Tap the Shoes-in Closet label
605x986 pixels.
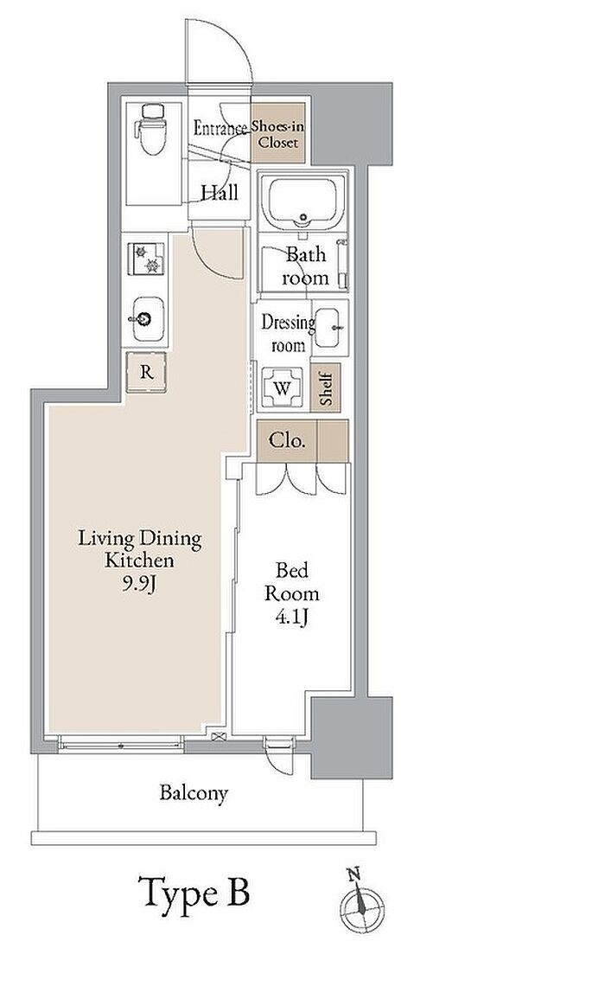pos(277,134)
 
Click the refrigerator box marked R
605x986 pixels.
pos(146,372)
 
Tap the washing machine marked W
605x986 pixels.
pos(282,388)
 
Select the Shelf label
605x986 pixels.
pos(326,387)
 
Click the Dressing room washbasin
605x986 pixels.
pos(330,328)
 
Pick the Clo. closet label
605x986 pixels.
pos(287,439)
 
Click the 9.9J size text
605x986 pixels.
pos(139,584)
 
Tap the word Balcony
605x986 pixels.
pos(194,793)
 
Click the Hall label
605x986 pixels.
pos(220,192)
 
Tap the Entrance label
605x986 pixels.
pos(220,128)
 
